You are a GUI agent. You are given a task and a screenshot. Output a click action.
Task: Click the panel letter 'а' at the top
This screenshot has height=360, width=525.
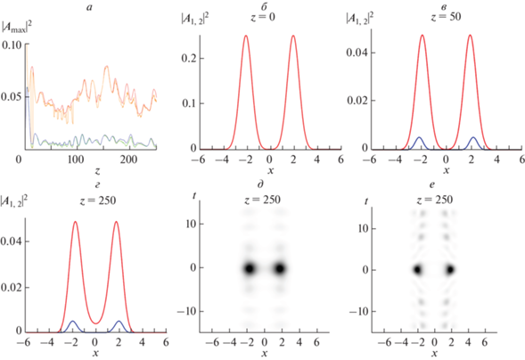[x=89, y=8]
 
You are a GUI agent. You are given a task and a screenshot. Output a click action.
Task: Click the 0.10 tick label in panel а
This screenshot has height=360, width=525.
[x=12, y=45]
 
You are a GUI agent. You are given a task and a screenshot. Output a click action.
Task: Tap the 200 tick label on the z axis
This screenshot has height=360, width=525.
[x=129, y=160]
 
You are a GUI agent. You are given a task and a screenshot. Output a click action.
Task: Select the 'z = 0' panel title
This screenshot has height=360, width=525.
[x=263, y=17]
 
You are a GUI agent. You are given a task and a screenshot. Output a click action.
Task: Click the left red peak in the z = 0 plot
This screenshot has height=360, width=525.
[x=246, y=36]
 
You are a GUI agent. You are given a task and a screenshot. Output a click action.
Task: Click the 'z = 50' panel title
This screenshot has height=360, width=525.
[x=446, y=16]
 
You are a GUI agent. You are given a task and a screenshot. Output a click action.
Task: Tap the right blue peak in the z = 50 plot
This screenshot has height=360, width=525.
[x=473, y=137]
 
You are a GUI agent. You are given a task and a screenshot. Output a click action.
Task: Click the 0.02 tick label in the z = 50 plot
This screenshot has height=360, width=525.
[x=357, y=101]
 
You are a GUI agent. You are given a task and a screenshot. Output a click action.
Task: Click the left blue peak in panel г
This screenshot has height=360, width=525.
[x=72, y=321]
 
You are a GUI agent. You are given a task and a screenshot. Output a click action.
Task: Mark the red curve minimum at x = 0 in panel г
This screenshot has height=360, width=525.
[x=95, y=323]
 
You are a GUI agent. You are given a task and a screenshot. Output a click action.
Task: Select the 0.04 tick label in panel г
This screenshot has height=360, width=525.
[x=11, y=241]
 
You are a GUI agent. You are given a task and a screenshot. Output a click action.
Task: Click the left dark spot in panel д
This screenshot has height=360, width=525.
[x=249, y=268]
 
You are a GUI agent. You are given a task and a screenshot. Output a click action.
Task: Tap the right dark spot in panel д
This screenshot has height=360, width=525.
[x=280, y=268]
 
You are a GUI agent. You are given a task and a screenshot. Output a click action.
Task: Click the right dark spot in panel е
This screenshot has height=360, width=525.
[x=450, y=269]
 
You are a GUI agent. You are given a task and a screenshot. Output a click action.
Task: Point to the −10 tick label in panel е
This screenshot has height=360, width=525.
[x=358, y=312]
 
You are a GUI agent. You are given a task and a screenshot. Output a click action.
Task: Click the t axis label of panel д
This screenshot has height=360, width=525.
[x=194, y=196]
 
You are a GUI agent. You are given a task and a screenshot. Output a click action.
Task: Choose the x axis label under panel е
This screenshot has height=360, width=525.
[x=434, y=353]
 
